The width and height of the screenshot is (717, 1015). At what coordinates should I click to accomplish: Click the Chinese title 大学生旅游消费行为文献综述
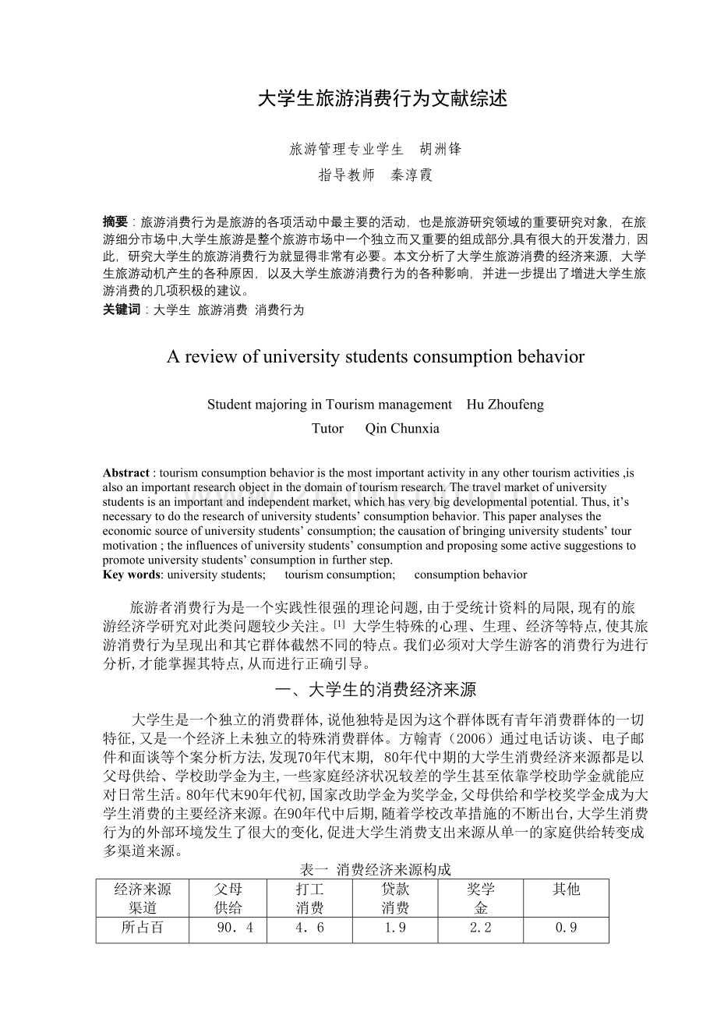tap(382, 99)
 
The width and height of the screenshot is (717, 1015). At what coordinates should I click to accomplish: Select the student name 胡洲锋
tap(440, 149)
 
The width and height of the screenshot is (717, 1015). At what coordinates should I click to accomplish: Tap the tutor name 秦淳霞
tap(411, 175)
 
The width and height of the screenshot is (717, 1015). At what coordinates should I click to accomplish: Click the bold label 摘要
tap(115, 221)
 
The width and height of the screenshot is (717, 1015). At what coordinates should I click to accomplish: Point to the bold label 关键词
tap(122, 309)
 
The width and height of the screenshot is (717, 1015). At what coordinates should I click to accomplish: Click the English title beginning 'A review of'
tap(375, 357)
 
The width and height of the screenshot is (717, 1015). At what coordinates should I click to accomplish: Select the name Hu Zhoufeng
tap(505, 405)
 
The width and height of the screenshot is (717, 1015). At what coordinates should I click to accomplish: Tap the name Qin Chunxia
tap(402, 428)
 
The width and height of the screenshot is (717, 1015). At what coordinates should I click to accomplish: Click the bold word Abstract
tap(125, 473)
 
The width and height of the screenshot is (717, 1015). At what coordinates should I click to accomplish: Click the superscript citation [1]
tap(338, 625)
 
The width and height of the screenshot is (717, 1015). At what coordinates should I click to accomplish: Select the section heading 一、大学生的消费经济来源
tap(376, 689)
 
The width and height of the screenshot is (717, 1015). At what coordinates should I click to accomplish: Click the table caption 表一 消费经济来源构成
tap(376, 869)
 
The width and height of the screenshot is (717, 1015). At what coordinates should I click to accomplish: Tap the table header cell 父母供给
tap(228, 898)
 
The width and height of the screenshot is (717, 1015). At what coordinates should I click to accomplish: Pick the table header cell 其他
tap(566, 889)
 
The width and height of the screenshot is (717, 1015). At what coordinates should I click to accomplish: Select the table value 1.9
tap(395, 928)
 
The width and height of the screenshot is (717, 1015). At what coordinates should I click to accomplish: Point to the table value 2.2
tap(481, 928)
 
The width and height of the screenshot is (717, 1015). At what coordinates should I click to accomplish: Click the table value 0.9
tap(566, 928)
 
